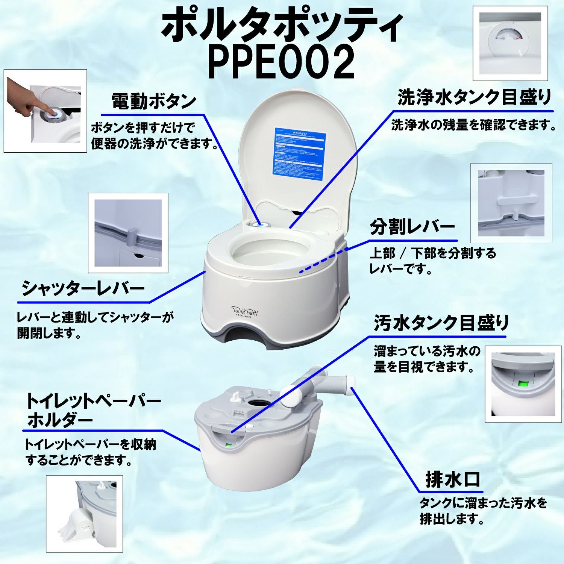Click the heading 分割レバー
coord(412,227)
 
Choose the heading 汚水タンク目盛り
coord(441,323)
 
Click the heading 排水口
coord(452,479)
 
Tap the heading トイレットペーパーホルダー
coord(93,411)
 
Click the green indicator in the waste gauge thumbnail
coord(523,384)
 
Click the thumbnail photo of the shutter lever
coord(128,233)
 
